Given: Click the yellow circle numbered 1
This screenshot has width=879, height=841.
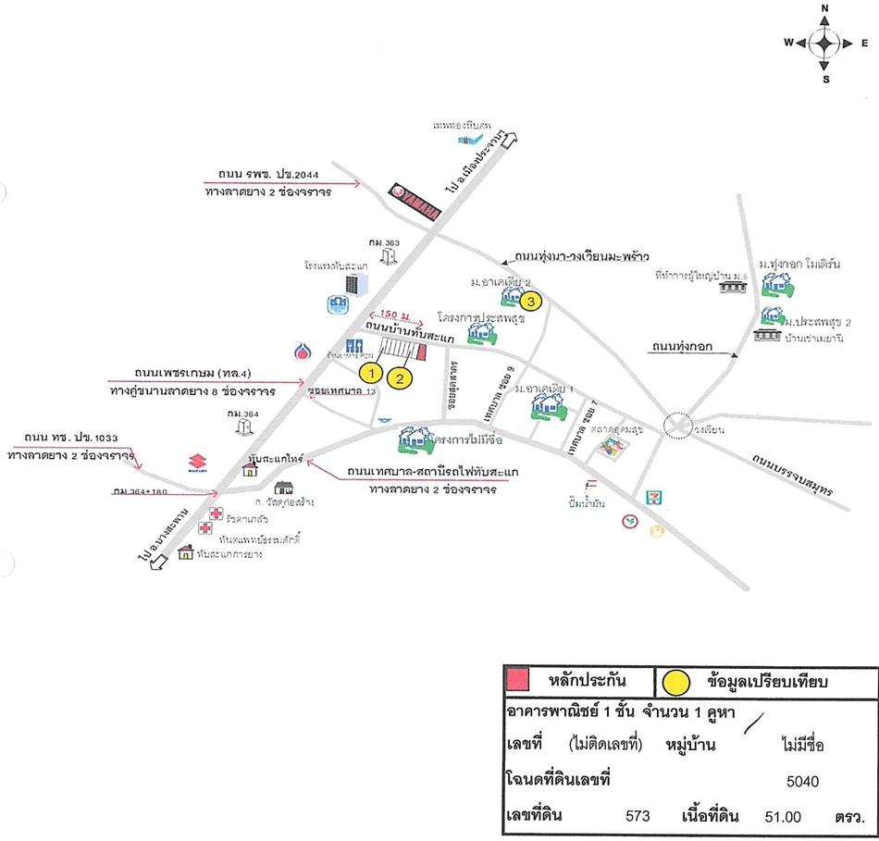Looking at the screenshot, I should point(371,373).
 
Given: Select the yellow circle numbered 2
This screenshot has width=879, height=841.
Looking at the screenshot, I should point(400,377).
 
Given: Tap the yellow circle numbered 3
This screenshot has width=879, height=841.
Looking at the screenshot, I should point(529,301).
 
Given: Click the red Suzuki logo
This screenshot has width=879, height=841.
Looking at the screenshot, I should point(195,463).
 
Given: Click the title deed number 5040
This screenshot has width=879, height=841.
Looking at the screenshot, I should point(802,781).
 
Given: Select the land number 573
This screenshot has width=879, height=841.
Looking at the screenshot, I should point(638,816).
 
